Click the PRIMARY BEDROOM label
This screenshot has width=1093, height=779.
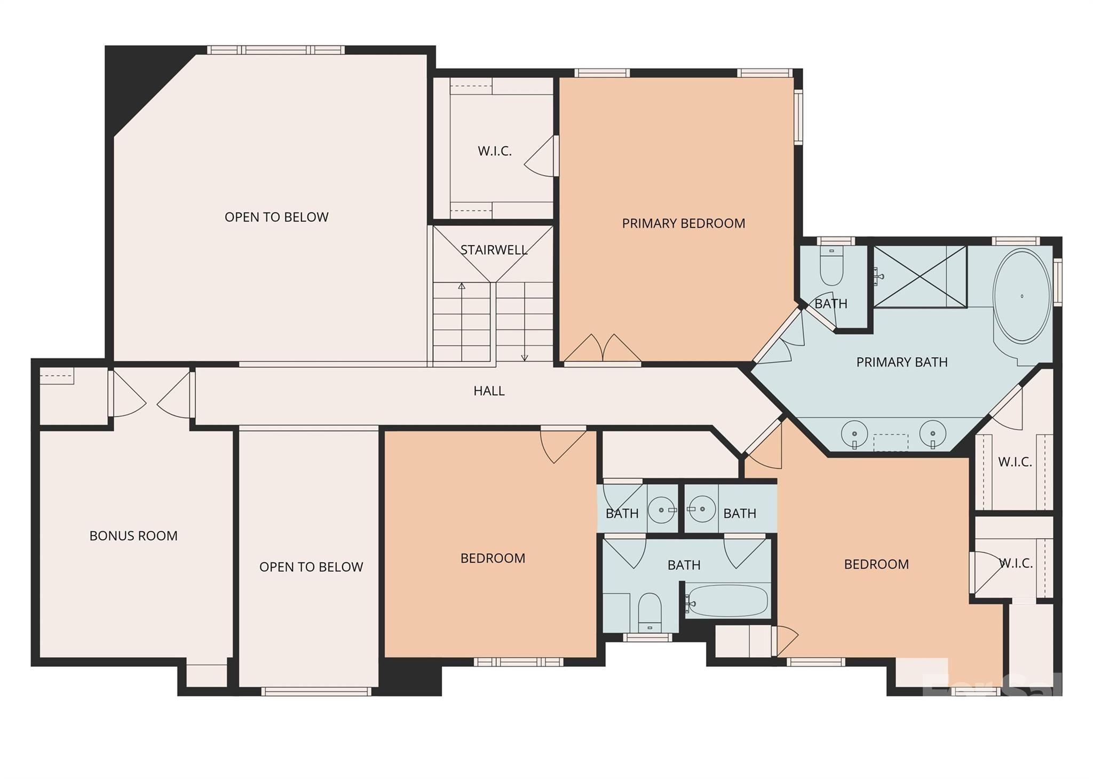683,223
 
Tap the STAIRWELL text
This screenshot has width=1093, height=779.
494,250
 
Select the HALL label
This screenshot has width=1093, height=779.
489,391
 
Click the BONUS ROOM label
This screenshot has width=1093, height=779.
133,536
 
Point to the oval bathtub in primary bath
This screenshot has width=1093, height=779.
1021,296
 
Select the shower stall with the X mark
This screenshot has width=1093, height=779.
920,277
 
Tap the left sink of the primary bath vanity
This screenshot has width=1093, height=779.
854,432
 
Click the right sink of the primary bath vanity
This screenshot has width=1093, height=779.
933,432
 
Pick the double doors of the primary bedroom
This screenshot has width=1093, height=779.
603,350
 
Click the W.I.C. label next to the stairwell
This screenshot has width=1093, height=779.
495,151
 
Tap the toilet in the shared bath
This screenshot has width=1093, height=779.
650,611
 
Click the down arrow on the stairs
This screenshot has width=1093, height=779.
525,357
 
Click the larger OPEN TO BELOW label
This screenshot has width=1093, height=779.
276,217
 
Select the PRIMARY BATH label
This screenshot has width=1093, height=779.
902,362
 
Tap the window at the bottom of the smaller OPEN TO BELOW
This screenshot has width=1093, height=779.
316,691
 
